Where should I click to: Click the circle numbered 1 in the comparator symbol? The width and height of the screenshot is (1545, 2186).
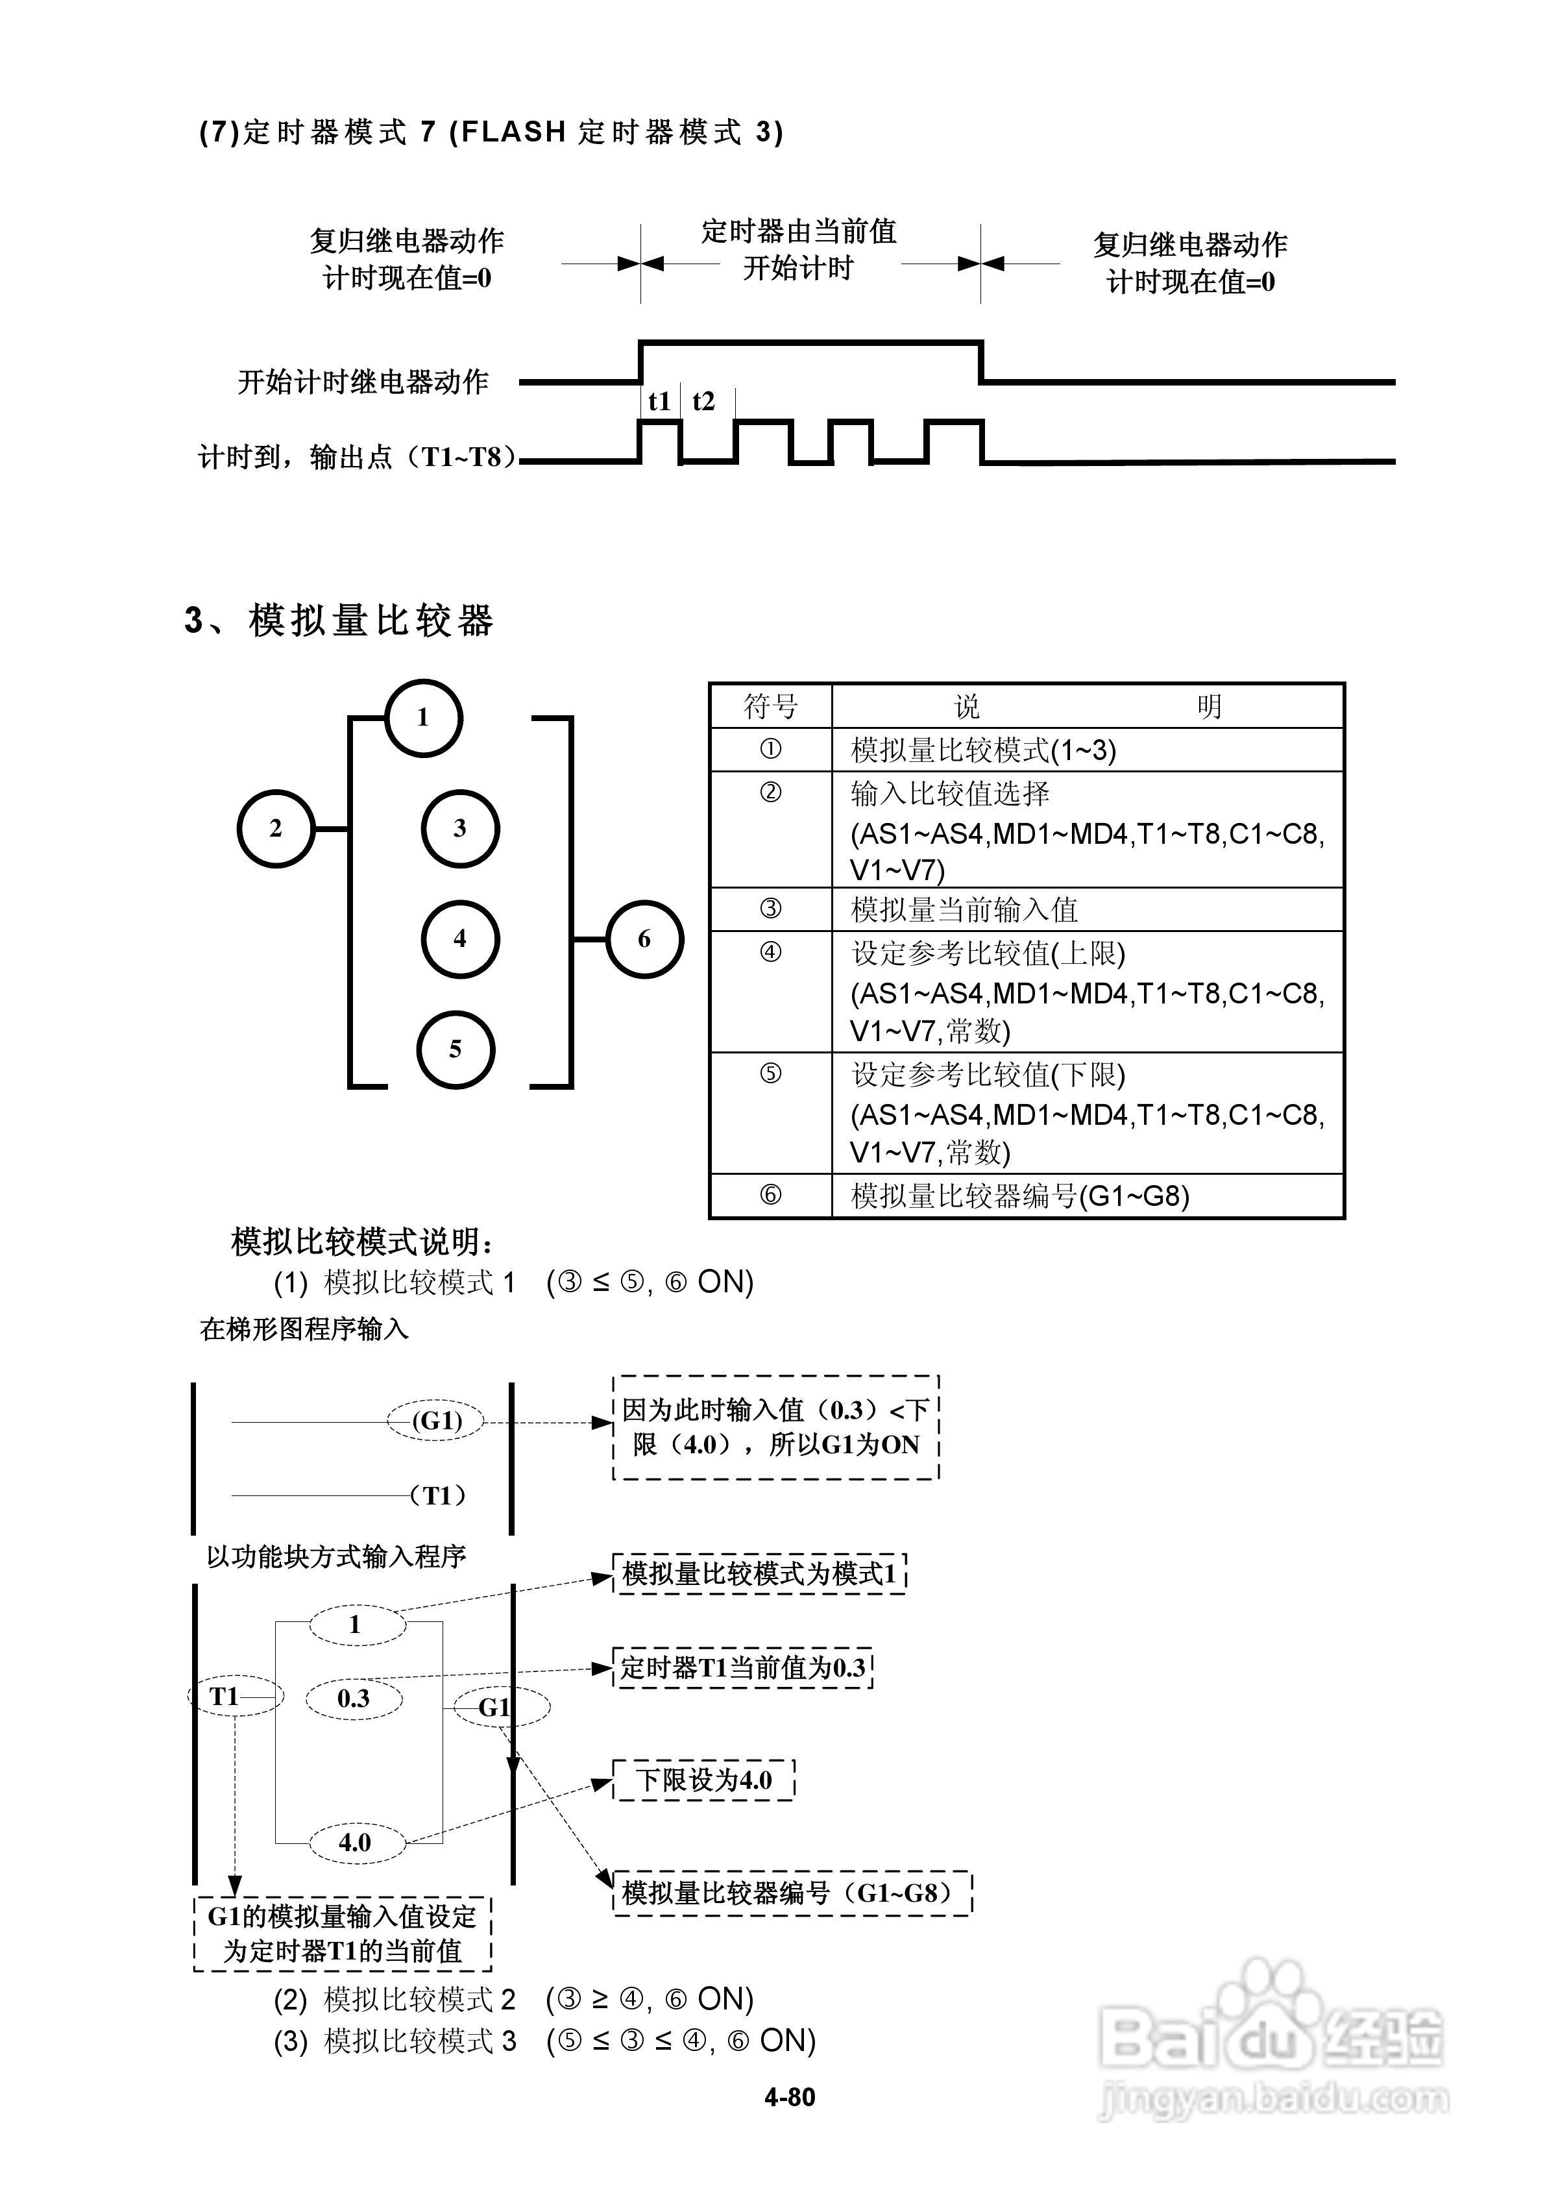coord(424,718)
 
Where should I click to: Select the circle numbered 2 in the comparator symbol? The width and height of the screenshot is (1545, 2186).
coord(275,828)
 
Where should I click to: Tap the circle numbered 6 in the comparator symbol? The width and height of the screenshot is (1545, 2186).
coord(644,940)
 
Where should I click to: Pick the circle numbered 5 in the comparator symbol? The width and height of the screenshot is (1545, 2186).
coord(455,1050)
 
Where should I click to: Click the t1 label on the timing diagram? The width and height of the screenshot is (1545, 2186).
coord(659,402)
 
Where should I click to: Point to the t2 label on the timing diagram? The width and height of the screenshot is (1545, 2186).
coord(703,402)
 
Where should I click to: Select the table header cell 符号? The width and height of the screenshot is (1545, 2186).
coord(770,706)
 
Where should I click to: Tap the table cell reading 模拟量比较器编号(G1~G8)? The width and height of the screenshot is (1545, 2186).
coord(1019,1196)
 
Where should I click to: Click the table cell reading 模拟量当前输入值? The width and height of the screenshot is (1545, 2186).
coord(964,910)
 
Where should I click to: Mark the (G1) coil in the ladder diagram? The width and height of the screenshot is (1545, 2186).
coord(437,1421)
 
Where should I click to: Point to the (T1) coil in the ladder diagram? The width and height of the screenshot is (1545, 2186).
coord(438,1495)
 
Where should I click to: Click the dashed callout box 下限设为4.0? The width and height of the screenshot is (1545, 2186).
coord(703,1780)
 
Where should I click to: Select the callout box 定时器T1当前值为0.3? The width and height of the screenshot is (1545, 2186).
coord(742,1668)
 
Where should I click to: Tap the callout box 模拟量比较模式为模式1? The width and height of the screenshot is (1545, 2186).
coord(759,1574)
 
